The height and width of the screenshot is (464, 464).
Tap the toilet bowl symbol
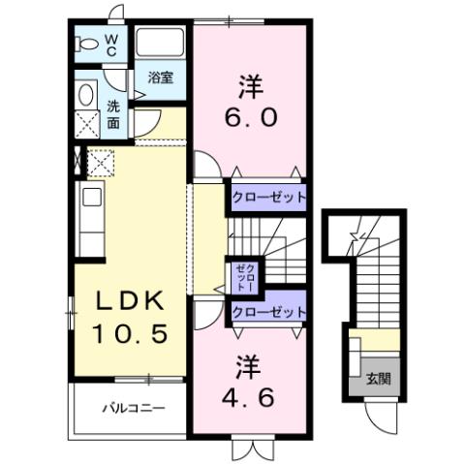click(x=87, y=44)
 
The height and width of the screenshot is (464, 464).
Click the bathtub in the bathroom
click(x=161, y=44)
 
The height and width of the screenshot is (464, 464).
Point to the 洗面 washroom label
click(x=113, y=114)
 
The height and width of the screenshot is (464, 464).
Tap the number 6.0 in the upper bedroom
click(x=254, y=116)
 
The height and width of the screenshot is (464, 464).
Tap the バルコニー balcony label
click(x=134, y=408)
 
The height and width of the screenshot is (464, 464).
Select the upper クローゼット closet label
click(x=268, y=197)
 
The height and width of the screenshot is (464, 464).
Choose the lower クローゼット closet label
click(x=268, y=312)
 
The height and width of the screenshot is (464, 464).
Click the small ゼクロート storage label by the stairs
click(x=240, y=277)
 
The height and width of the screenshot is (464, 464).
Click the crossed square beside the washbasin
click(x=87, y=124)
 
